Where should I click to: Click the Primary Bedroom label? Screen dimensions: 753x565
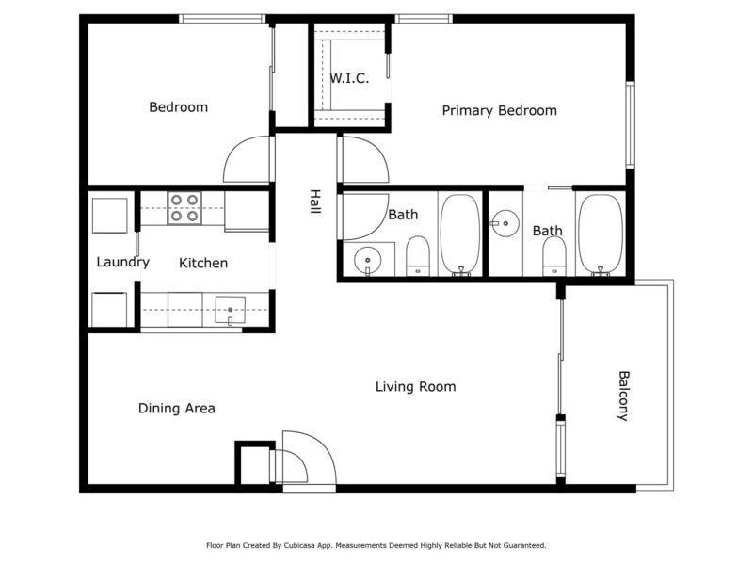pos(500,111)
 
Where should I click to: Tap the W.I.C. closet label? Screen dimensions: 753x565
pos(349,78)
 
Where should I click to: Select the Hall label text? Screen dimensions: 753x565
pos(315,202)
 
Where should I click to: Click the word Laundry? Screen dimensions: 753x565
pos(123,263)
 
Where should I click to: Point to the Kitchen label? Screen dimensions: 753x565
pos(203,263)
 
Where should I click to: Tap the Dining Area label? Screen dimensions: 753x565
pos(177,409)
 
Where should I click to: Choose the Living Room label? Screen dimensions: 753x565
pos(416,387)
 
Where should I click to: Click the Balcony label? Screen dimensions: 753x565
pos(623,395)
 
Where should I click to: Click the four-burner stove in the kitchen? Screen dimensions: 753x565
pos(184,208)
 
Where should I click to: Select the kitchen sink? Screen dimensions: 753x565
pos(230,311)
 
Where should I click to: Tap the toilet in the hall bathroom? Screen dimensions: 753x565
pos(417,256)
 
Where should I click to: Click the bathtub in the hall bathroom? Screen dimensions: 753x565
pos(460,234)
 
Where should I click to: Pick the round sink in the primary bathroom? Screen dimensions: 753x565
pos(505,223)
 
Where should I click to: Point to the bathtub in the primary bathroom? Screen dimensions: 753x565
pos(601,234)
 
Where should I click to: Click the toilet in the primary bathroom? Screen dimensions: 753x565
pos(554,256)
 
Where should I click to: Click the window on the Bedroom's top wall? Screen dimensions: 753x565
pos(222,19)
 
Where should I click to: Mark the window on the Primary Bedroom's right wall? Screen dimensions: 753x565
pos(631,125)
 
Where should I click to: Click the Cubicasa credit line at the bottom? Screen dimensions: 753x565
pos(376,545)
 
